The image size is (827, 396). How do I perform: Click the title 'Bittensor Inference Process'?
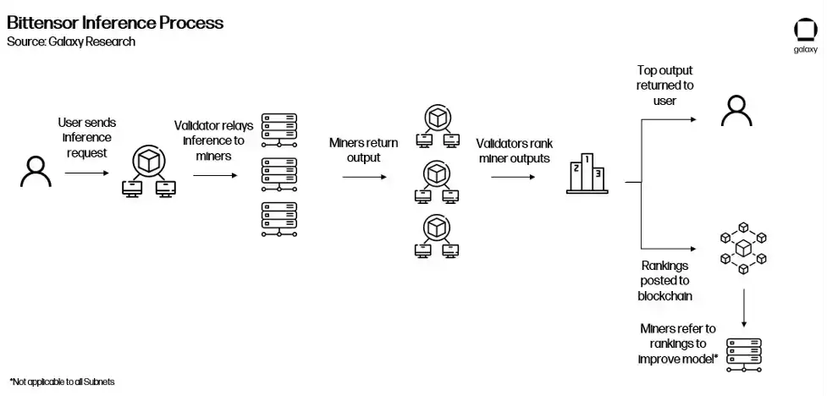[115, 23]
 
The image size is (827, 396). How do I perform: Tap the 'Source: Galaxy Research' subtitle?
[71, 41]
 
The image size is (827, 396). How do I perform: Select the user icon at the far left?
[36, 173]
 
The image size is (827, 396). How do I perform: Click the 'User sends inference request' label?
[84, 138]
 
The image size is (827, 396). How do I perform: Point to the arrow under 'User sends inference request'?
[85, 173]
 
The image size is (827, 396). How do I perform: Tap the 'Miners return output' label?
[364, 150]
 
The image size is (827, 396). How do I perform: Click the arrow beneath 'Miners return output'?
[364, 177]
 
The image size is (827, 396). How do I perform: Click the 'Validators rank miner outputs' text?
[515, 151]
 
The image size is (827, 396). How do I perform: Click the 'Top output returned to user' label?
[664, 85]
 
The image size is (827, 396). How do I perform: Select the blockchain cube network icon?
[742, 248]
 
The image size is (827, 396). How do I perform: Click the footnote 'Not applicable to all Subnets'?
[62, 382]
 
